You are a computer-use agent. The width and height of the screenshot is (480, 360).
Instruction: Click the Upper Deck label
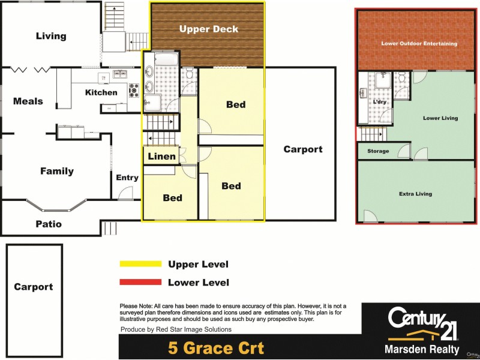(209, 29)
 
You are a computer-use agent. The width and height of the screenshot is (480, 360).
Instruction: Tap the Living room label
(51, 36)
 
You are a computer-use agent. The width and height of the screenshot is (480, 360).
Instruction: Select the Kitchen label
(101, 92)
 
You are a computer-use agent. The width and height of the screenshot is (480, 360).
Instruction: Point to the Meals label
(28, 101)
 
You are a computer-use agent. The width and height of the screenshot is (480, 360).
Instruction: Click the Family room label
(57, 171)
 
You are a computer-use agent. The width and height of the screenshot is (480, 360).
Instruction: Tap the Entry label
(127, 178)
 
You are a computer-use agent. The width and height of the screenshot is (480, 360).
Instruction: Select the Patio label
(47, 224)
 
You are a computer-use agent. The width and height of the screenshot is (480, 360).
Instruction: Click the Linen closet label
(162, 157)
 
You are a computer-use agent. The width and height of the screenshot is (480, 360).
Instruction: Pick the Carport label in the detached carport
(33, 287)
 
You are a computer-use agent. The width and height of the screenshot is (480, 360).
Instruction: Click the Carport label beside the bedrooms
(303, 149)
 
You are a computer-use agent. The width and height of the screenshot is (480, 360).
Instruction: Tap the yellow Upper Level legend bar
(141, 264)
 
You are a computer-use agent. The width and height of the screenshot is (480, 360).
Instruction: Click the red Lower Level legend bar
(141, 282)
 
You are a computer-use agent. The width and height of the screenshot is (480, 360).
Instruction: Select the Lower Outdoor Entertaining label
(419, 44)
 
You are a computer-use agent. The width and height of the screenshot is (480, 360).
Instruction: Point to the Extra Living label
(415, 194)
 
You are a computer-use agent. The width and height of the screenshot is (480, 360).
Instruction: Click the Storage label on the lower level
(378, 151)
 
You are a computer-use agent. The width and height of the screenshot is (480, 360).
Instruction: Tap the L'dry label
(379, 102)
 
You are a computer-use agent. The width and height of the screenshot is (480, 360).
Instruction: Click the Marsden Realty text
(422, 349)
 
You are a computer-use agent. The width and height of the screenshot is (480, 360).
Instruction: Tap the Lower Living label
(440, 118)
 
